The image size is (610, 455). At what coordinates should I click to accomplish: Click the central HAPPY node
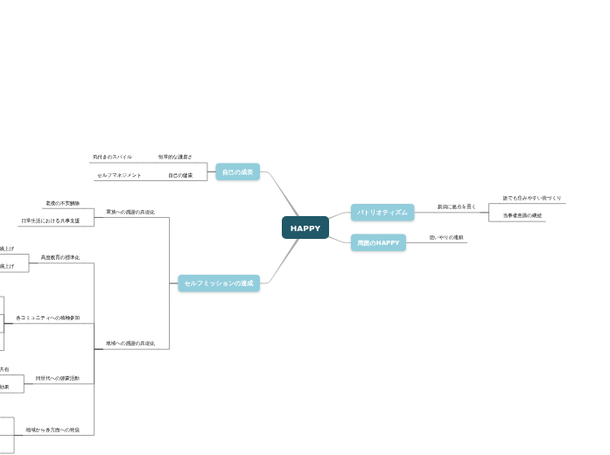tap(305, 228)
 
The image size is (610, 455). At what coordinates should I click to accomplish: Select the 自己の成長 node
tap(237, 172)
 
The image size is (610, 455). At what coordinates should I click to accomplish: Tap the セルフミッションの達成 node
tap(219, 283)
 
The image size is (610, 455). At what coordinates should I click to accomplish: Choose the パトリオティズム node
tap(382, 213)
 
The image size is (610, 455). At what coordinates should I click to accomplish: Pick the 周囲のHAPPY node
tap(378, 242)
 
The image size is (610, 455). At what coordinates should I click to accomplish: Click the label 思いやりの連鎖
tap(446, 237)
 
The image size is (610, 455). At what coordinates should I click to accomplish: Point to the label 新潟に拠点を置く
tap(456, 206)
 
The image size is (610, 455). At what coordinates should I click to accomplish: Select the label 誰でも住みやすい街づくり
tap(532, 198)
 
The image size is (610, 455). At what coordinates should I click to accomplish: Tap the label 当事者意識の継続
tap(522, 215)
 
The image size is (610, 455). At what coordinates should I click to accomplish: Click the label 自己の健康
tap(180, 175)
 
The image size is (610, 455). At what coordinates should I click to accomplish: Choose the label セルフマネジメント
tap(119, 175)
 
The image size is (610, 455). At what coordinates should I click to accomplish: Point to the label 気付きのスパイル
tap(112, 157)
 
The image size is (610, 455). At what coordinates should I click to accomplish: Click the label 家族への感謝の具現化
tap(130, 212)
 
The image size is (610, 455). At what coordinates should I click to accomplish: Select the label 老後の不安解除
tap(62, 203)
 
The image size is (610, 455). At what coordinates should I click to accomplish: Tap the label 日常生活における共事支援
tap(56, 220)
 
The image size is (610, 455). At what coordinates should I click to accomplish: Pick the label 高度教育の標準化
tap(60, 257)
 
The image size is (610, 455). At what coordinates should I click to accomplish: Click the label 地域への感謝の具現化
tap(130, 343)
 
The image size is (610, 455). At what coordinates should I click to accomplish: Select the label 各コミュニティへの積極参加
tap(48, 318)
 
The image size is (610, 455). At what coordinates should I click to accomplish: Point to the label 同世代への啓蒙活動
tap(57, 378)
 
